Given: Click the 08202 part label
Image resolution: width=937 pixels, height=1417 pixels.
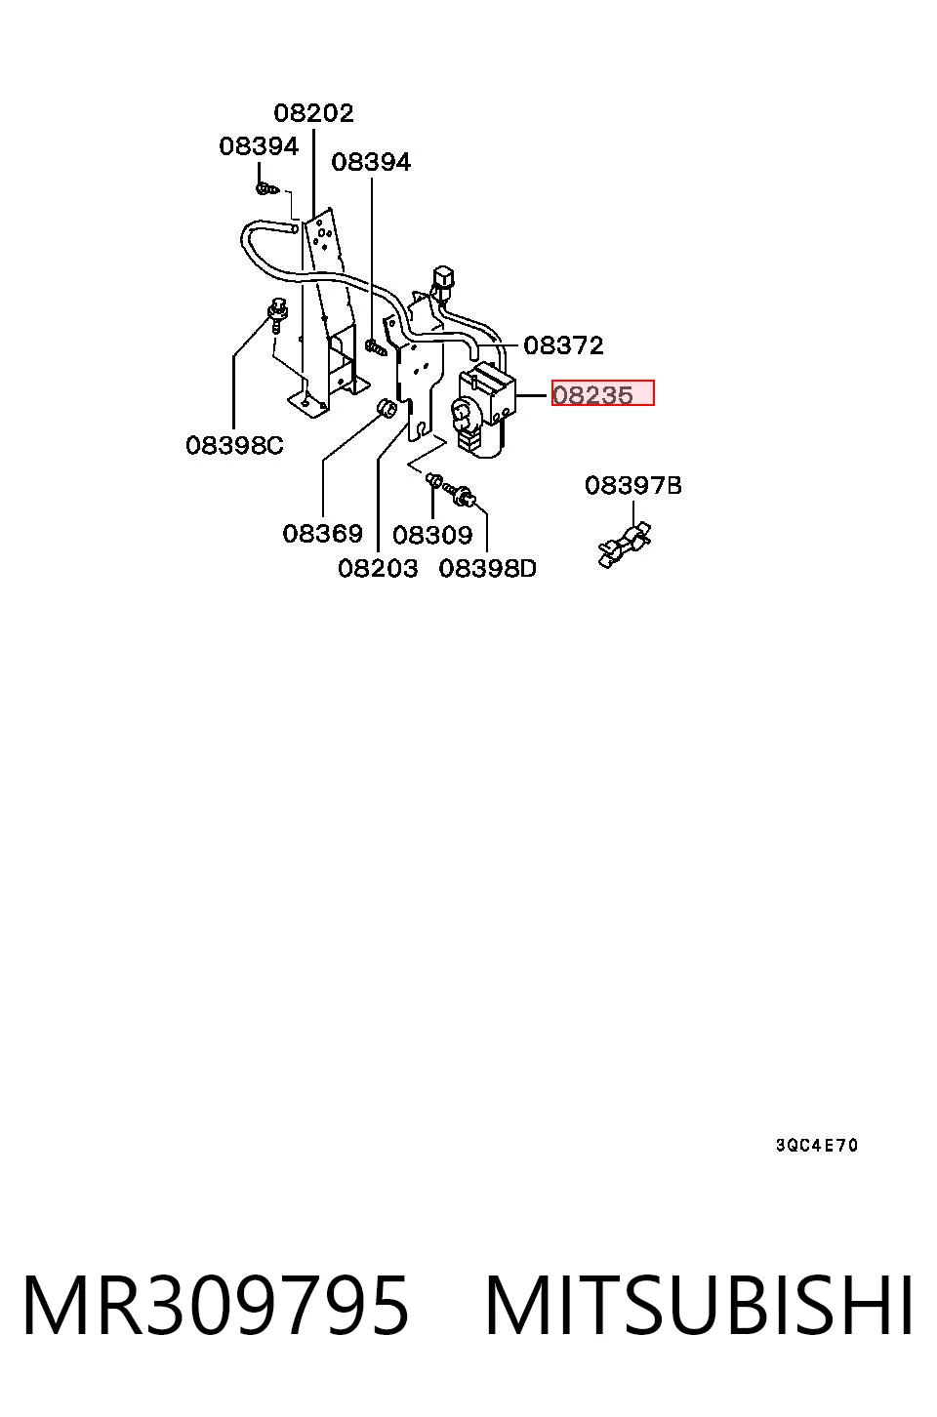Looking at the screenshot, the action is (313, 114).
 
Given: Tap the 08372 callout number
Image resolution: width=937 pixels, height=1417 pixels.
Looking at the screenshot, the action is (563, 346).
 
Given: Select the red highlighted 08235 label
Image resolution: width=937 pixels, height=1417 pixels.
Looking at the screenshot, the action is (602, 393).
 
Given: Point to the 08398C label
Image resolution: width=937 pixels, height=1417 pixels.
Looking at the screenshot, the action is (234, 446).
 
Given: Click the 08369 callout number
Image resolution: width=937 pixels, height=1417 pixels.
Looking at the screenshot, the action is (323, 534).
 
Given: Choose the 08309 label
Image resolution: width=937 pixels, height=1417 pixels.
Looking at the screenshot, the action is (432, 536).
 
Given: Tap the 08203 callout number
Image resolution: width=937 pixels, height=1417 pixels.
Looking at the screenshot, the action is (378, 569).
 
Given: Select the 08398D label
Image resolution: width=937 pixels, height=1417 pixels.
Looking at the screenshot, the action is (487, 569).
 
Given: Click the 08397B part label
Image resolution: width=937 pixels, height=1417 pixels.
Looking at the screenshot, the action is (632, 486).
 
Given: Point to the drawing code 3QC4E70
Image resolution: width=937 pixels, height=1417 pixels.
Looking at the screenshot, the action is (817, 1146).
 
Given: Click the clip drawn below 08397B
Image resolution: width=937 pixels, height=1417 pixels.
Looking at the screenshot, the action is (625, 544).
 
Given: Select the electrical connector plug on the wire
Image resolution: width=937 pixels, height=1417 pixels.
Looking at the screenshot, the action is (443, 280).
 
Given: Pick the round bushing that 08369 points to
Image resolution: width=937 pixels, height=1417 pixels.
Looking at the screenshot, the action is (386, 408).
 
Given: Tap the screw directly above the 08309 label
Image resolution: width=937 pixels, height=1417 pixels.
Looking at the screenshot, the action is (434, 481).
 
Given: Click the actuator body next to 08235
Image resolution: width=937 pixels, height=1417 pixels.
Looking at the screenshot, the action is (485, 410).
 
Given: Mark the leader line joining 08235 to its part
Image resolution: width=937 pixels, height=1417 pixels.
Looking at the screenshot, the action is (531, 395).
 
